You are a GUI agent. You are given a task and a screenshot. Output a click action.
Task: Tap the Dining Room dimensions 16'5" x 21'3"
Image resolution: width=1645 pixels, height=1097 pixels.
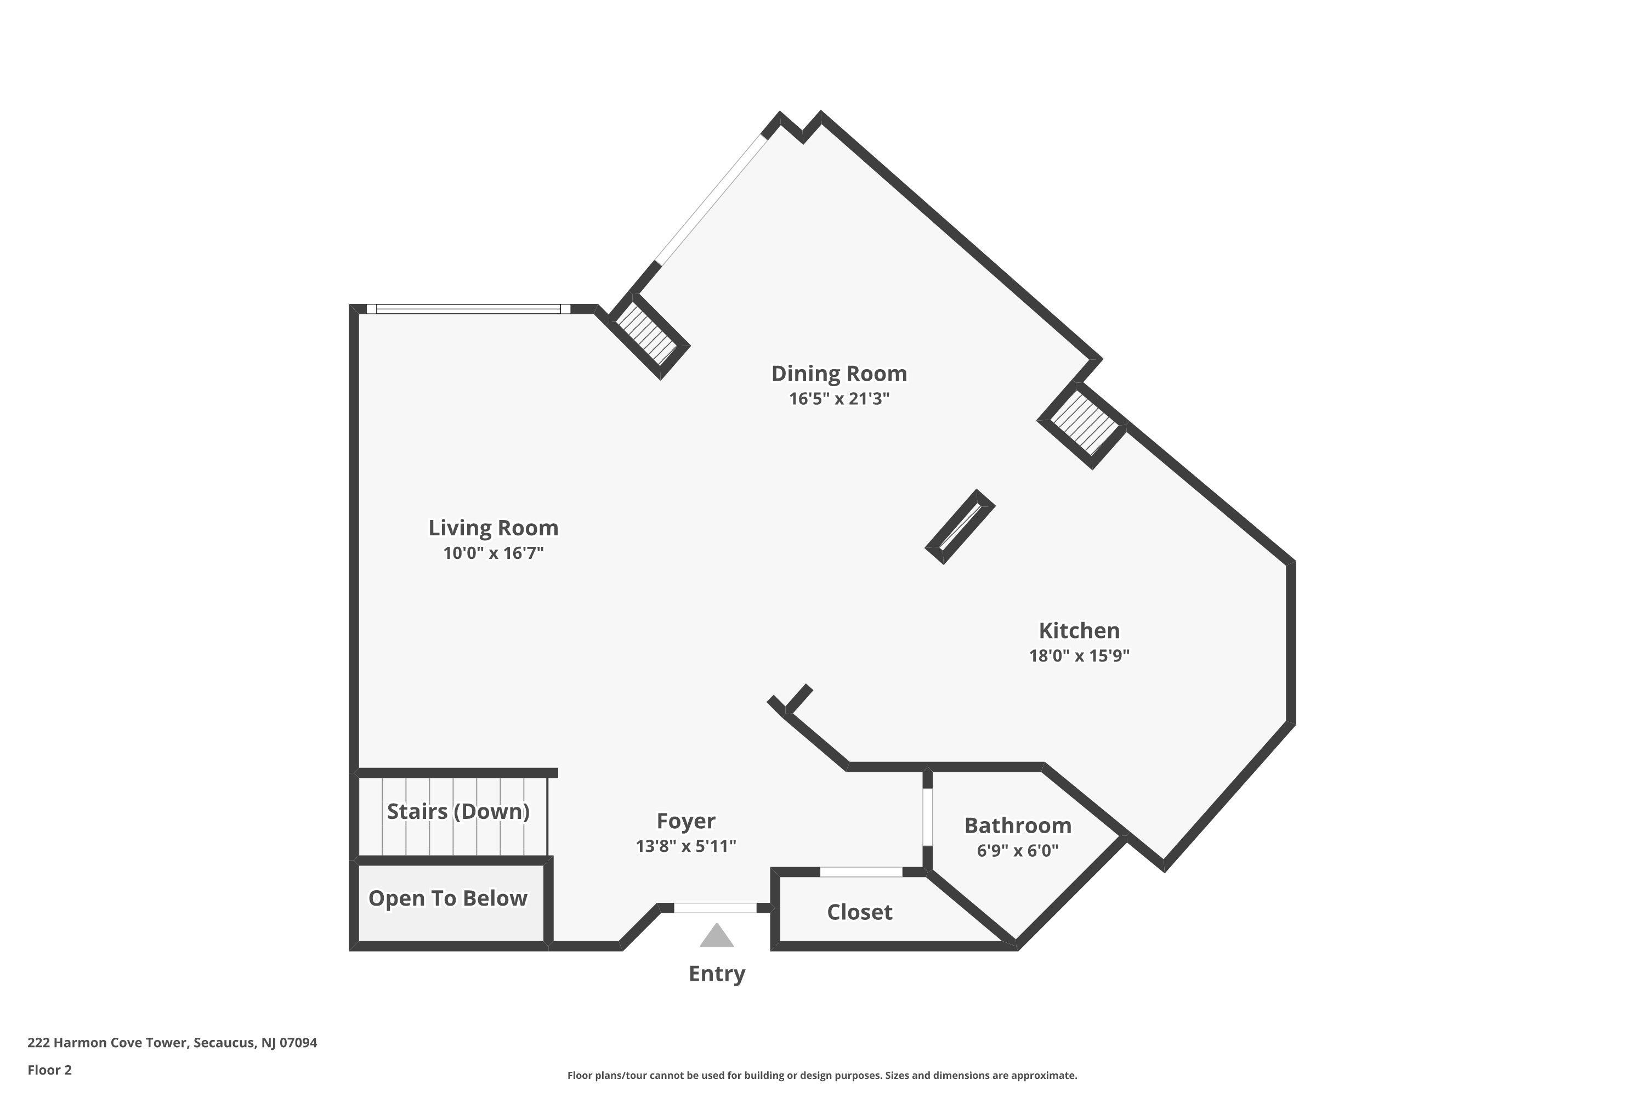point(839,399)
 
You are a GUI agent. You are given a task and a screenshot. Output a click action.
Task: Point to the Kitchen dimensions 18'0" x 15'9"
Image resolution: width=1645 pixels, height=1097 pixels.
point(1079,655)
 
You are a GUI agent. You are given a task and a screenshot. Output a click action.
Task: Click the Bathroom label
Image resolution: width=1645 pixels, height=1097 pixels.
point(1018,825)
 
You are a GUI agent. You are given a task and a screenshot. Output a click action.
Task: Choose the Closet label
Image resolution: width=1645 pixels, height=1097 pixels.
point(860,912)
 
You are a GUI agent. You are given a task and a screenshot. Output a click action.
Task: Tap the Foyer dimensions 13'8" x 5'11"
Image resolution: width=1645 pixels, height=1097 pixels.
point(686,846)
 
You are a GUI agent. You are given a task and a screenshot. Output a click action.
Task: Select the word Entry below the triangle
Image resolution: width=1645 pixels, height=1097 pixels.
point(717,974)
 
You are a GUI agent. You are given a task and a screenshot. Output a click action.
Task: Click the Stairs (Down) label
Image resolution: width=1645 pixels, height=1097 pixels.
point(458,812)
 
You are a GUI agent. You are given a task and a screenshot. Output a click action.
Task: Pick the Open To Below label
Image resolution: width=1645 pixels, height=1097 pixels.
point(447,898)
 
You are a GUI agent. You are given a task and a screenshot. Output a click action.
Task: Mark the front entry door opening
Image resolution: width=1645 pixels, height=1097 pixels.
point(716,908)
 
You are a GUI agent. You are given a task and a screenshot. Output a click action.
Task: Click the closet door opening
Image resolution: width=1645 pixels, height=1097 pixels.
point(861,872)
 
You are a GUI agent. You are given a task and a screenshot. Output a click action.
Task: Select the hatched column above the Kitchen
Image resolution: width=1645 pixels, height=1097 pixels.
point(1082,425)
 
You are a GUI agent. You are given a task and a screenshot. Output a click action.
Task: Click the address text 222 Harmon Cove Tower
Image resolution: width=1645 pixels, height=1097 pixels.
point(107,1043)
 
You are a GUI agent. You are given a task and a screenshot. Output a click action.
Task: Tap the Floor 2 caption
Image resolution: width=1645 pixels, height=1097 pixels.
point(50,1070)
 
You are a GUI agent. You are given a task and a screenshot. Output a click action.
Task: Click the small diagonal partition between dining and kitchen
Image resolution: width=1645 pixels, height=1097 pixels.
point(960,527)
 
